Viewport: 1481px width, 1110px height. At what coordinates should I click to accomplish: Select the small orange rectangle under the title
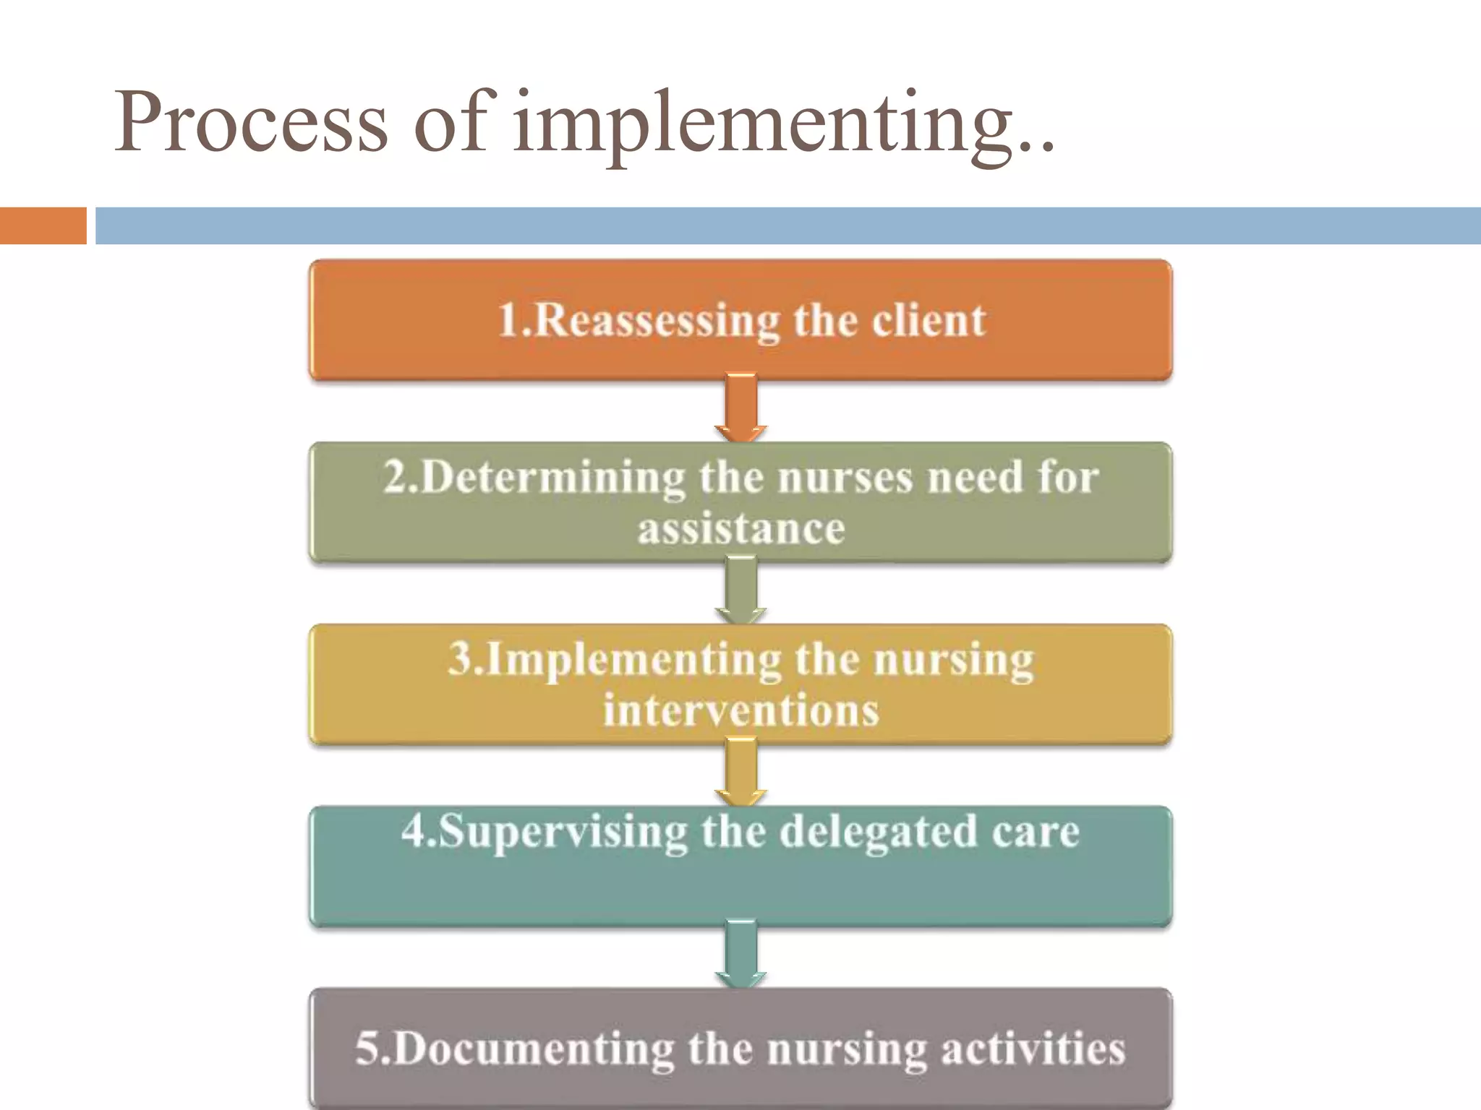(43, 225)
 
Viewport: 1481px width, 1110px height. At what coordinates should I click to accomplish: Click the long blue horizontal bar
(788, 225)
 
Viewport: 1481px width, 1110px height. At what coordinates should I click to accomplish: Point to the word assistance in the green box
(740, 528)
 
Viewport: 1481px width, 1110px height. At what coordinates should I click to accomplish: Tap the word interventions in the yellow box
(740, 710)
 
